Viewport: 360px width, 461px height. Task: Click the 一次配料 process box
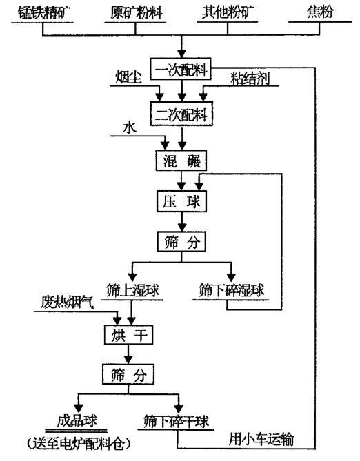point(182,70)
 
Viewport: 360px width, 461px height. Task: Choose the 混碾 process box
point(181,161)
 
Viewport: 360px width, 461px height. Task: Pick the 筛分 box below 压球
point(181,241)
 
